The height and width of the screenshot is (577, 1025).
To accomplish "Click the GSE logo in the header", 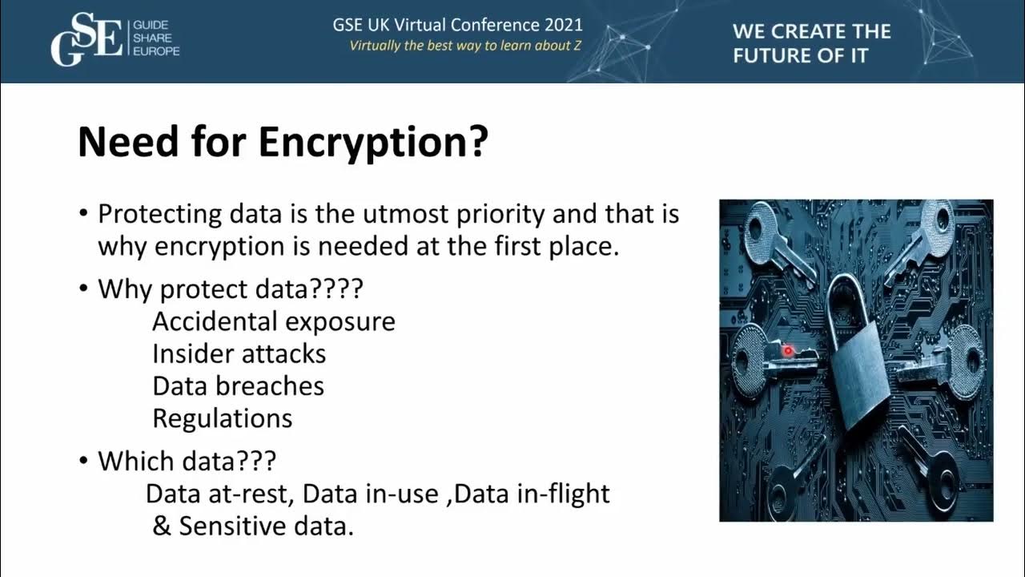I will pos(86,39).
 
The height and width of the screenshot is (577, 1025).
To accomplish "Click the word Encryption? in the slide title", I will pos(372,142).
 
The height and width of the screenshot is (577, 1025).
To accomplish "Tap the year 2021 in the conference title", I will pos(560,24).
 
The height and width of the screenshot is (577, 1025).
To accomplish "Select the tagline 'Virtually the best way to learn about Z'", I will pos(465,46).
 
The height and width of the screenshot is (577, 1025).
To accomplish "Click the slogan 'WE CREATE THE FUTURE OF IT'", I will pos(811,43).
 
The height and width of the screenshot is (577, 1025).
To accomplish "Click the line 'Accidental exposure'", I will pos(273,321).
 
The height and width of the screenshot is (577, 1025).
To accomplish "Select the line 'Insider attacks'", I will pos(239,353).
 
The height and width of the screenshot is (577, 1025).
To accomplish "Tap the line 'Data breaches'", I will pos(238,385).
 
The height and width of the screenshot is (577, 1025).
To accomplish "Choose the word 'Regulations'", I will pos(222,418).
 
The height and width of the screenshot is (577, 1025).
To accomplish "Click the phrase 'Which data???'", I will pos(187,461).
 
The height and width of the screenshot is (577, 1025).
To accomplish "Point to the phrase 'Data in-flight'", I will pos(532,494).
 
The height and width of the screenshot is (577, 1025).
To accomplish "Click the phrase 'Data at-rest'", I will pos(220,494).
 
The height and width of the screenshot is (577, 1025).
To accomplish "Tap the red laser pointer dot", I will pos(787,350).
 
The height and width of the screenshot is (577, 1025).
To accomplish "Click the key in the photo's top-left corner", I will pos(773,240).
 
